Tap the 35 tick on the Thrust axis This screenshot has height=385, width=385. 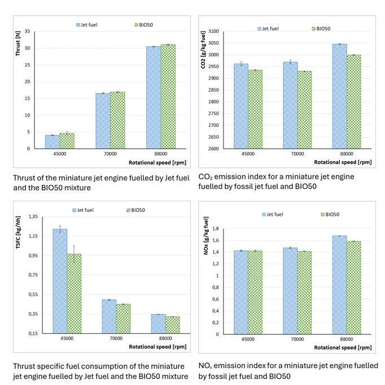(27, 32)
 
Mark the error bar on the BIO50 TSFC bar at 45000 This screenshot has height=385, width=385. (74, 254)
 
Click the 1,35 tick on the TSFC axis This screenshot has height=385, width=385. (28, 216)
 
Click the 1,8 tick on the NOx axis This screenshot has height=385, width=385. (216, 230)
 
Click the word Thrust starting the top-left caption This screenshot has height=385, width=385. (25, 176)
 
